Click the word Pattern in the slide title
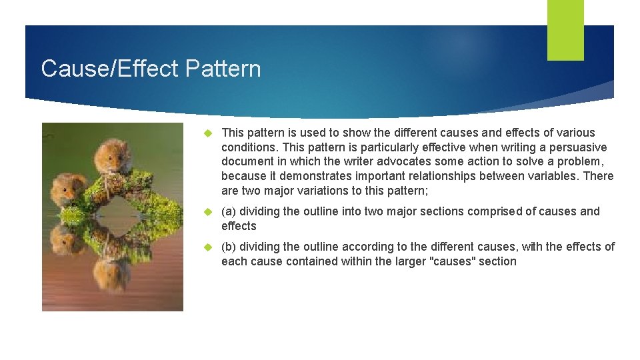tap(223, 69)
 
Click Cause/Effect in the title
tap(110, 69)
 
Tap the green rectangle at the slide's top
tap(565, 30)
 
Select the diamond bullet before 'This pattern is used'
tap(208, 133)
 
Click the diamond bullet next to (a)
tap(208, 211)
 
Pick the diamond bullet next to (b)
tap(208, 247)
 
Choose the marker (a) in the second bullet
tap(229, 211)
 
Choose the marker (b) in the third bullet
tap(229, 247)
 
